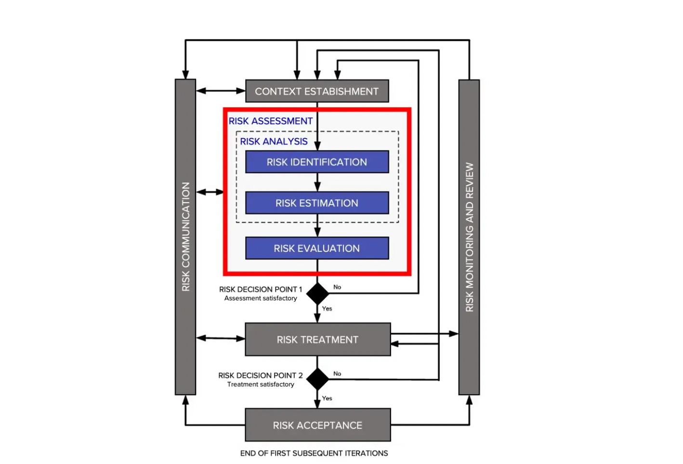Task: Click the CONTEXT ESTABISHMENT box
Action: point(317,91)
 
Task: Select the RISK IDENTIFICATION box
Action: point(317,162)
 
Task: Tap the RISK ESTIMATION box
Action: point(317,203)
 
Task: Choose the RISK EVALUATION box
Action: point(317,248)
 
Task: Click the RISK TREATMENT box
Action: point(317,340)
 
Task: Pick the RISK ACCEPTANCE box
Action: point(317,425)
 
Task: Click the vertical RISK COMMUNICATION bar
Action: point(185,237)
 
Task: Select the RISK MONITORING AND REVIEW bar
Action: point(469,237)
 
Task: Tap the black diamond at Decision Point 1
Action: point(317,294)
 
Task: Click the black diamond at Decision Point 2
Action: point(317,379)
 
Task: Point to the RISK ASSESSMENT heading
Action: point(271,121)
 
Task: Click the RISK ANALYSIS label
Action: point(274,142)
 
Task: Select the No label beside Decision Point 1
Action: point(337,287)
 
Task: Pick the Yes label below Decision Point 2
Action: point(327,398)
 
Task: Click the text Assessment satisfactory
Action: point(261,298)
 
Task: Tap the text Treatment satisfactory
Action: point(261,385)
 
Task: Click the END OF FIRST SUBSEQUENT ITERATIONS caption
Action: point(314,453)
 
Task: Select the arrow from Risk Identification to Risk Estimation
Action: point(317,182)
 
